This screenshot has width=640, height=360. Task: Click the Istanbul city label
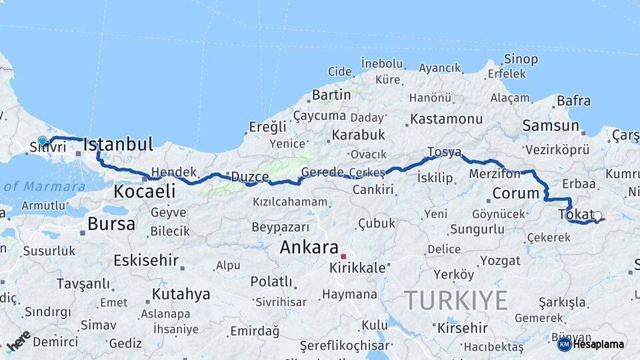(118, 144)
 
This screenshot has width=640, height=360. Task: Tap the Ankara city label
(309, 247)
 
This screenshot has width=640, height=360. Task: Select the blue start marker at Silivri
(43, 141)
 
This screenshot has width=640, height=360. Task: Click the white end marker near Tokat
(597, 216)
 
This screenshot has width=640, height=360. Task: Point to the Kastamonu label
(446, 119)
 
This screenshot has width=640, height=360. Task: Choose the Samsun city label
(551, 125)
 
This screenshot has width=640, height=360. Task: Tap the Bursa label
(111, 224)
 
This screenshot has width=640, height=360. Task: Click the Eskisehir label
(146, 260)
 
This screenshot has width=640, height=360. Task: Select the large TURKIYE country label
(456, 301)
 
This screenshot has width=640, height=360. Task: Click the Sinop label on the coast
(521, 59)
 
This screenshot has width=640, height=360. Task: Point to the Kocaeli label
(144, 192)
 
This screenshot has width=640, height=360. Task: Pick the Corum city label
(515, 194)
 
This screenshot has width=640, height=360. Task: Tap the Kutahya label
(181, 294)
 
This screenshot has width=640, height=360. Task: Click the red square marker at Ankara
(344, 257)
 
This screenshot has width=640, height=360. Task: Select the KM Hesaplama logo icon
(564, 344)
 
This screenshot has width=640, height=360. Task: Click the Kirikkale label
(357, 268)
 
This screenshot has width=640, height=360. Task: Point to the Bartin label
(331, 95)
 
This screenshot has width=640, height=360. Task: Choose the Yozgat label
(500, 259)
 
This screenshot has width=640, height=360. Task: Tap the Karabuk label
(359, 135)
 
